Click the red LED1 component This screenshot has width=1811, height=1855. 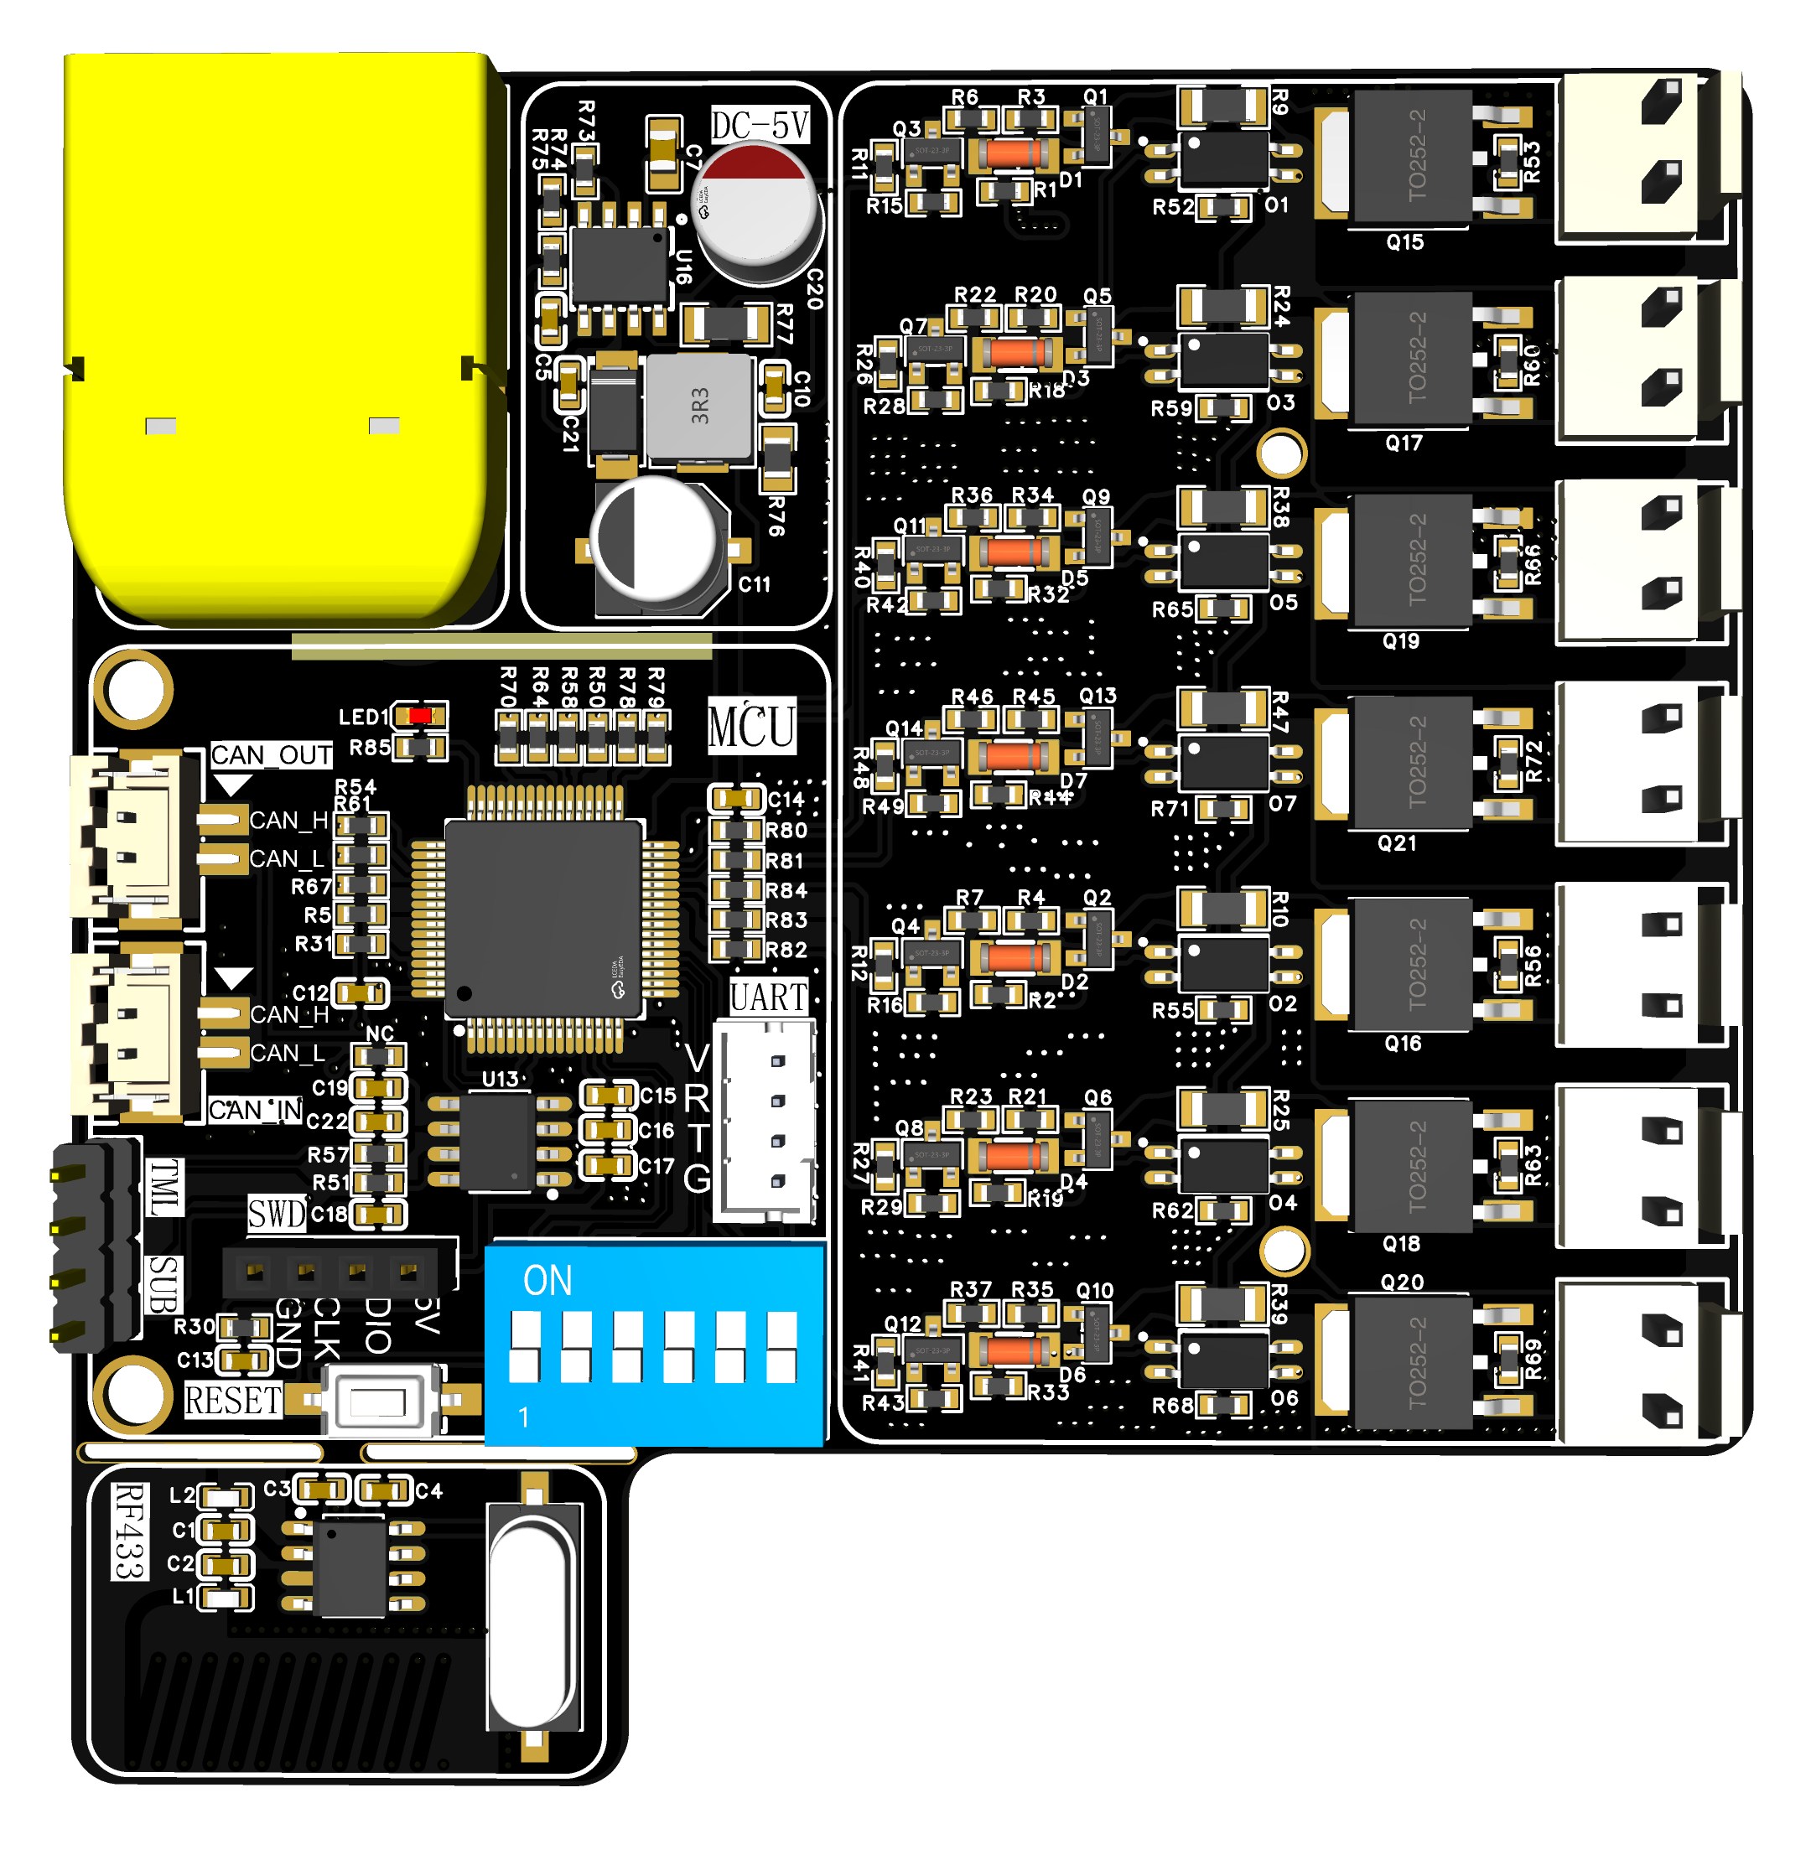coord(419,715)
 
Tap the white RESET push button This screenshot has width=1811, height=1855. coord(380,1401)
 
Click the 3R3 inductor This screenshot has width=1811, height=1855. coord(699,406)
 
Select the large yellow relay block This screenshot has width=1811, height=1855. coord(281,333)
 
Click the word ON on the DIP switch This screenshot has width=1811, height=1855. coord(547,1281)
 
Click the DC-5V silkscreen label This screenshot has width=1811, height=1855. coord(760,125)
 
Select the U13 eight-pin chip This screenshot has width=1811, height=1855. coord(497,1141)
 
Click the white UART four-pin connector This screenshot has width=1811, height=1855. coord(765,1122)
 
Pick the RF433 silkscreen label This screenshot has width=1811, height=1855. coord(129,1530)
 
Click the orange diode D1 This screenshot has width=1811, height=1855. coord(1013,153)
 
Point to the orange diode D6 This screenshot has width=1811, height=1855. coord(1013,1350)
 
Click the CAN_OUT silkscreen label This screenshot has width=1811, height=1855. coord(271,755)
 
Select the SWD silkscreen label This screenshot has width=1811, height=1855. coord(277,1214)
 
